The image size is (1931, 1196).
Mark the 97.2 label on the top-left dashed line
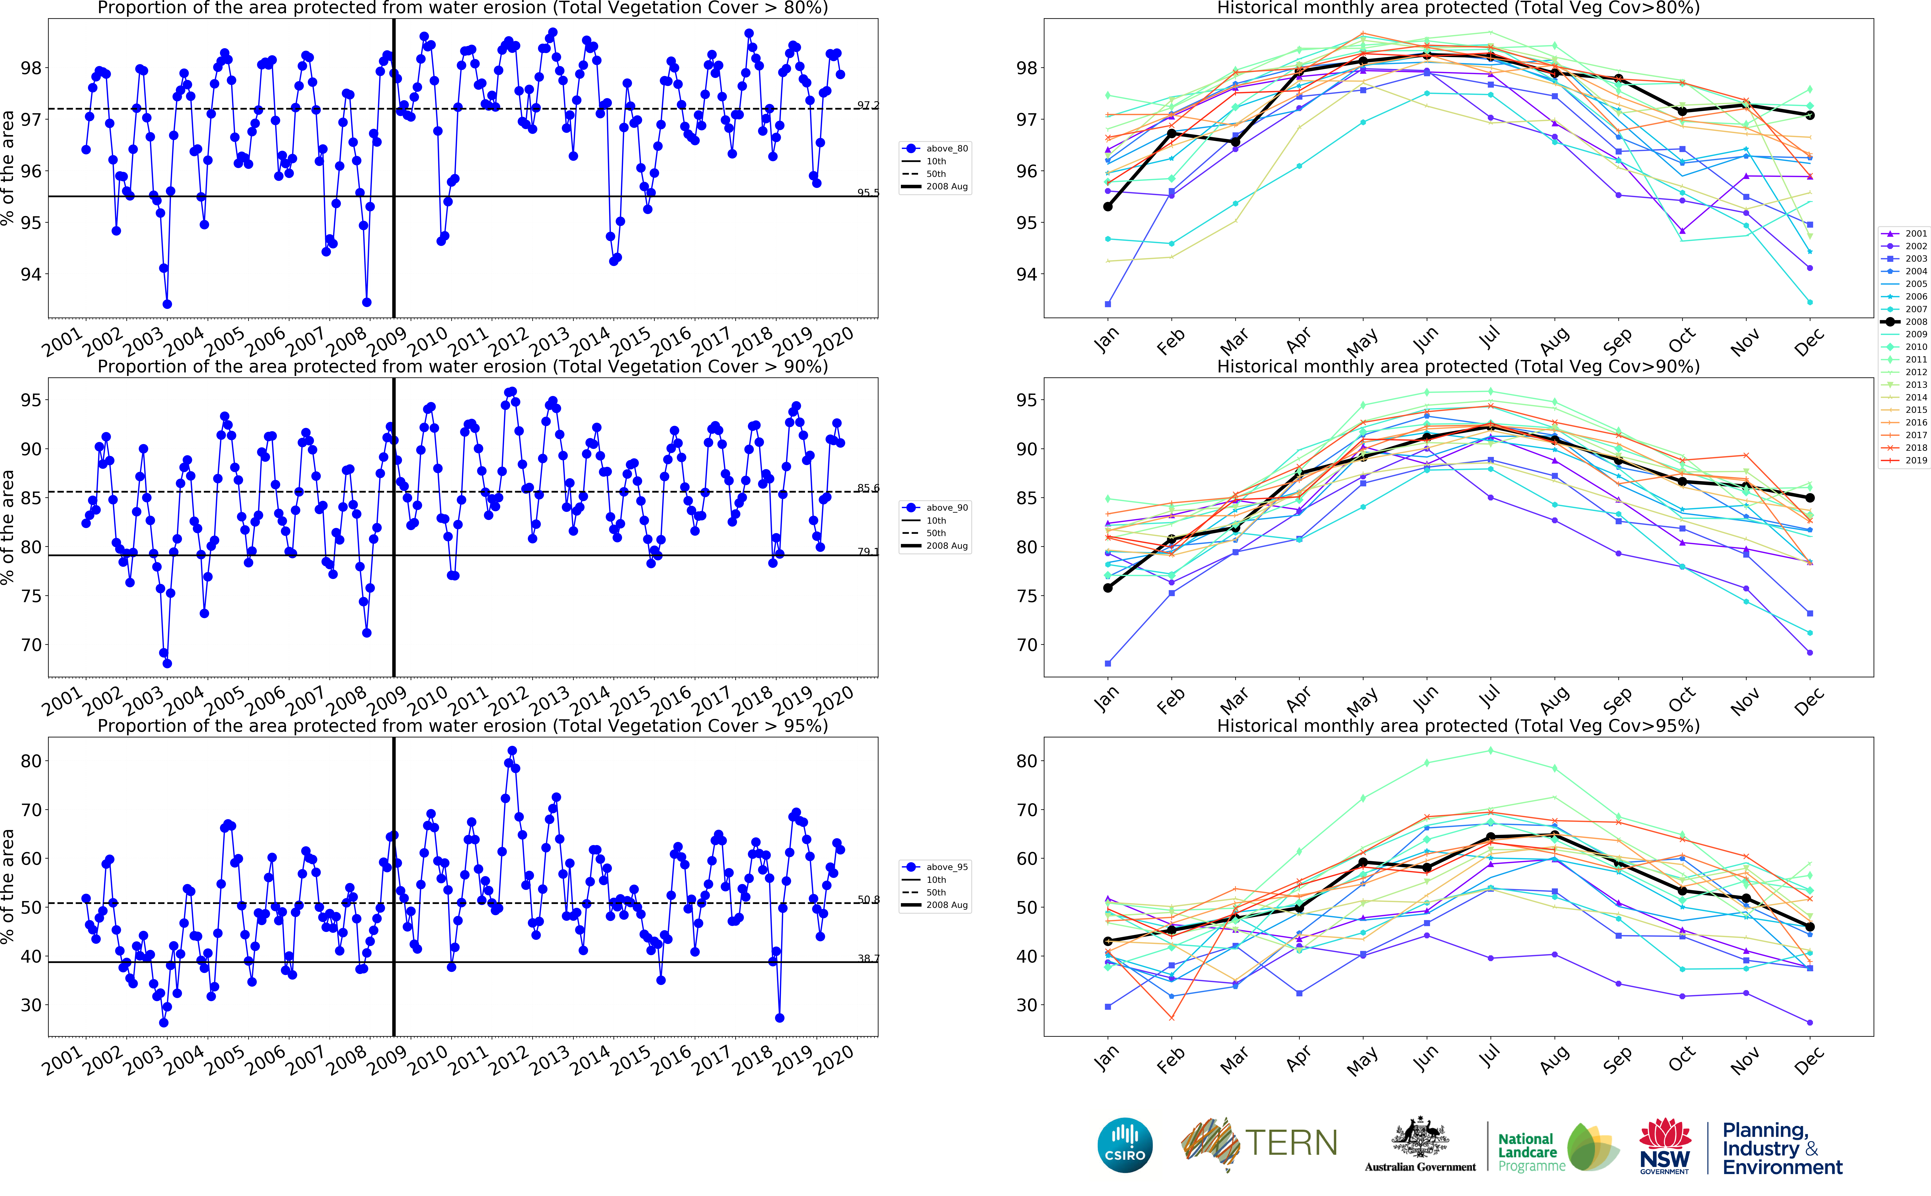[868, 105]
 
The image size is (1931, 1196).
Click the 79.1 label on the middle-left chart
[868, 551]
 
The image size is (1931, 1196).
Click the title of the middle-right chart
[1458, 366]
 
